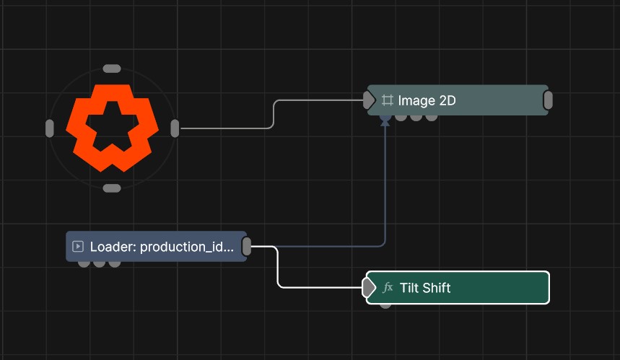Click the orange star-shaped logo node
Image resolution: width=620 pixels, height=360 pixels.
click(112, 128)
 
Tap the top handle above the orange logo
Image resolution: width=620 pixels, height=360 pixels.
click(112, 69)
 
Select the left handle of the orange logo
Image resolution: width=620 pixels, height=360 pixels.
click(49, 128)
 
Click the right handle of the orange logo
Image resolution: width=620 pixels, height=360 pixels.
click(175, 128)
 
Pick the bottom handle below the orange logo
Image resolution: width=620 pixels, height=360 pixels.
click(112, 188)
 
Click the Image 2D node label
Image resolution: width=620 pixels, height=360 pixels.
click(427, 100)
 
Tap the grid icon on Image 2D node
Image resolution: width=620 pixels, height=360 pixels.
click(388, 100)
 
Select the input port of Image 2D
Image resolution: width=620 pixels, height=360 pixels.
click(369, 100)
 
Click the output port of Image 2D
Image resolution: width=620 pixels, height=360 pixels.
click(548, 100)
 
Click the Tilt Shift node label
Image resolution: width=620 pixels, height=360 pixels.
click(425, 288)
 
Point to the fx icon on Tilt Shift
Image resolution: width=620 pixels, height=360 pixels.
click(388, 288)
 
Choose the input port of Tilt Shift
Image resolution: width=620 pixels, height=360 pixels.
click(369, 287)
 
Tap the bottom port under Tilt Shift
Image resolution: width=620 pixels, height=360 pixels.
click(385, 305)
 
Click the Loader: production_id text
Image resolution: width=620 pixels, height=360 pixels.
click(162, 247)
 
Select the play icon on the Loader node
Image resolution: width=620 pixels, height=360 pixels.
click(78, 247)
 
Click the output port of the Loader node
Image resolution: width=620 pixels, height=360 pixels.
click(246, 246)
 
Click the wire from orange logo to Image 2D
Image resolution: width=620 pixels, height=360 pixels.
click(274, 114)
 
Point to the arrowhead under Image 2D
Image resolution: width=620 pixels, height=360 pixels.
click(385, 123)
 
